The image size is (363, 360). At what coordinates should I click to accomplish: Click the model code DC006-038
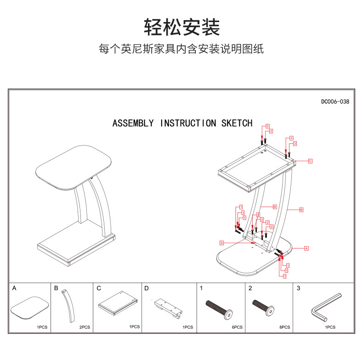pyautogui.click(x=335, y=101)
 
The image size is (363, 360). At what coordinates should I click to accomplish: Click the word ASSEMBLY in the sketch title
pyautogui.click(x=133, y=123)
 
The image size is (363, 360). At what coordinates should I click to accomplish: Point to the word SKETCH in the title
pyautogui.click(x=237, y=123)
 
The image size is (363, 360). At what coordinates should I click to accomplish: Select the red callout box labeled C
pyautogui.click(x=310, y=161)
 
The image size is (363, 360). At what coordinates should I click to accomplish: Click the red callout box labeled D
pyautogui.click(x=221, y=242)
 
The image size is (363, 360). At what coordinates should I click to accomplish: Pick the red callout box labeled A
pyautogui.click(x=306, y=248)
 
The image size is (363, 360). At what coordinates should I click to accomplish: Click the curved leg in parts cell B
pyautogui.click(x=69, y=307)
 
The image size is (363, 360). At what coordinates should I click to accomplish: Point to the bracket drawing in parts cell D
pyautogui.click(x=168, y=307)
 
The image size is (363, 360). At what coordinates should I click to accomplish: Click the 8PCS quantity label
pyautogui.click(x=284, y=327)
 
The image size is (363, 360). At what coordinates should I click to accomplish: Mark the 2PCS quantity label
pyautogui.click(x=85, y=327)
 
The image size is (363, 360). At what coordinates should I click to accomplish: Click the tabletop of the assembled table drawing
pyautogui.click(x=74, y=168)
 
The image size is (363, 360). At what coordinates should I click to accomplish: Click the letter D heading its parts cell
pyautogui.click(x=147, y=289)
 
